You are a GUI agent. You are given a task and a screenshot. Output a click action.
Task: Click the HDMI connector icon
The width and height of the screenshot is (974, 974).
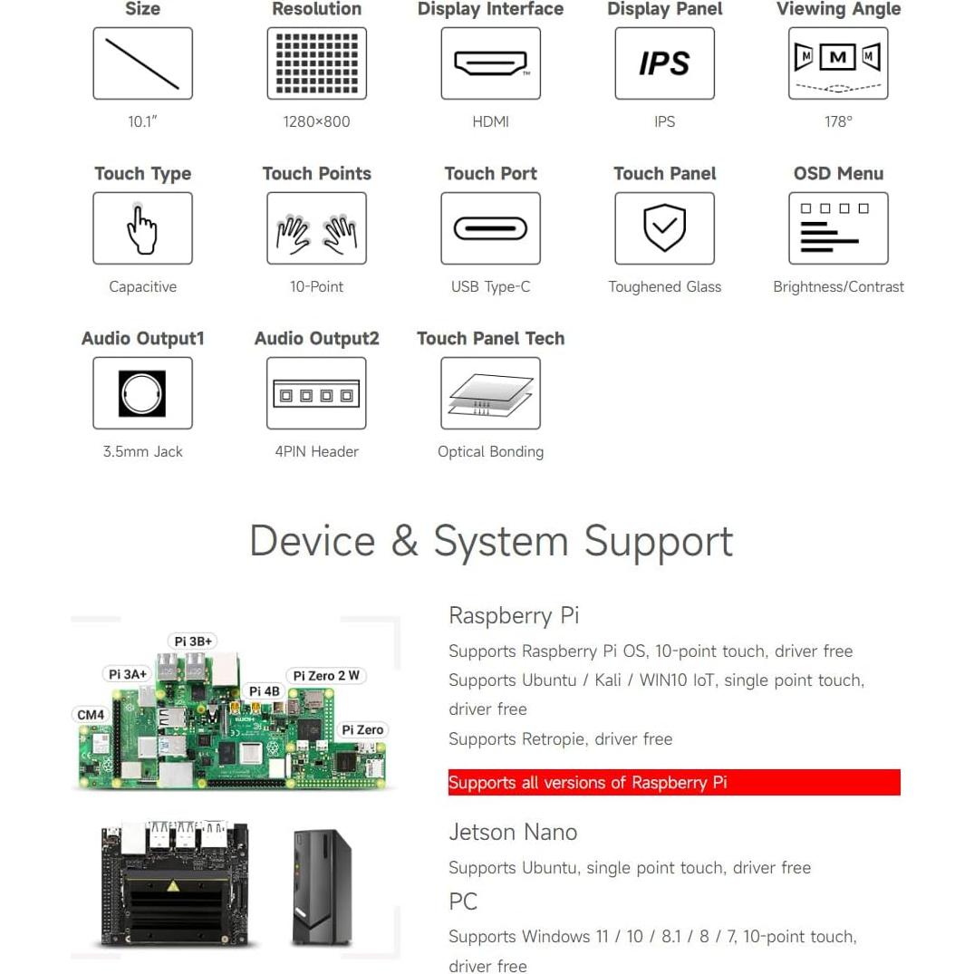point(490,63)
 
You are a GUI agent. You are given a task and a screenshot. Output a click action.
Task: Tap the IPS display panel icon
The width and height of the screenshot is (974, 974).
point(664,63)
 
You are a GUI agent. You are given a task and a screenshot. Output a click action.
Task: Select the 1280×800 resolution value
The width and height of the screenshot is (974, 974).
point(316,121)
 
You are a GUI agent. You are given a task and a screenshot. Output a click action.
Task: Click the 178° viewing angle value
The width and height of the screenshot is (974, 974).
point(838,121)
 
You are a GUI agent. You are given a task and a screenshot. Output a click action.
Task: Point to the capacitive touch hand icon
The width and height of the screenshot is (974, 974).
point(142,228)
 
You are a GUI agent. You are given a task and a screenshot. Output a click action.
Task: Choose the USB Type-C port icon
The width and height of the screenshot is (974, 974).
point(490,228)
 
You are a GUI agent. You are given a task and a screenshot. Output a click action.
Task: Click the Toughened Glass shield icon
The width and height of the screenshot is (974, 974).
point(664,228)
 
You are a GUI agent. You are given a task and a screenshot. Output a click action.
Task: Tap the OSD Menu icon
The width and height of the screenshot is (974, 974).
point(838,228)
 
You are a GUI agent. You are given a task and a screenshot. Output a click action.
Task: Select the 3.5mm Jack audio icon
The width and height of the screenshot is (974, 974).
point(142,393)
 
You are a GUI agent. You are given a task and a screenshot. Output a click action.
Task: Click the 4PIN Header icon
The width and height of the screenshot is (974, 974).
point(316,393)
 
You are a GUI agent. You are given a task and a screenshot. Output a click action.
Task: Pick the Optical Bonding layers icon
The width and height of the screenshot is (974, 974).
point(490,393)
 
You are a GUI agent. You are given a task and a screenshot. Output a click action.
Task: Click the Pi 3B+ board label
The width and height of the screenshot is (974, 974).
point(193,641)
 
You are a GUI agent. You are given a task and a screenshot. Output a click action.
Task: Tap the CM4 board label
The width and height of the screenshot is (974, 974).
point(91,715)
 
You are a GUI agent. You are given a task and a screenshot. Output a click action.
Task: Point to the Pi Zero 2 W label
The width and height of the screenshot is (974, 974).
point(325,676)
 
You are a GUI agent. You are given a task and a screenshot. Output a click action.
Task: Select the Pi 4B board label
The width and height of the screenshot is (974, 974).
point(265,692)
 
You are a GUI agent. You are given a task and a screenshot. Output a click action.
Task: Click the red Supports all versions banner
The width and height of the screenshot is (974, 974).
point(673,783)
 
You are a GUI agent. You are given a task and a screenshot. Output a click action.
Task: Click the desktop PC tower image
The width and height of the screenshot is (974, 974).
point(321,887)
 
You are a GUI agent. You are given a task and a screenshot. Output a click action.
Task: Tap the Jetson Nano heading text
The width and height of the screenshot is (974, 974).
point(513,832)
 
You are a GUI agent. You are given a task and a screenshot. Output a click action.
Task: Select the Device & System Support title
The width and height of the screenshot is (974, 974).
point(490,542)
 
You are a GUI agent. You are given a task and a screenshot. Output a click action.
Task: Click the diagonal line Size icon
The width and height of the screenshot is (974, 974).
point(142,63)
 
